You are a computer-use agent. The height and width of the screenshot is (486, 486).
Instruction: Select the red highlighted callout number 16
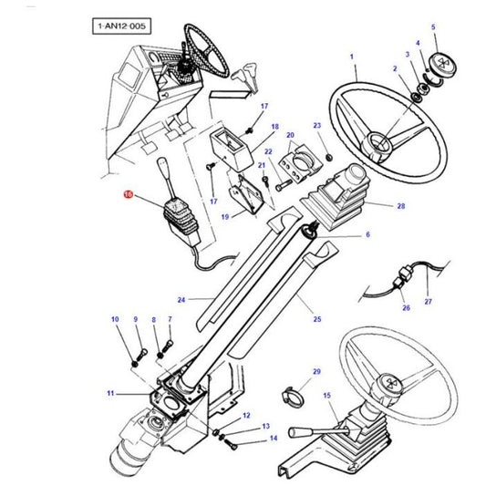click(x=129, y=195)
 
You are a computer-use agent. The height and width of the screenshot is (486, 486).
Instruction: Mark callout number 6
click(x=367, y=235)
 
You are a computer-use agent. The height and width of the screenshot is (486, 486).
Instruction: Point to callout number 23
click(x=316, y=125)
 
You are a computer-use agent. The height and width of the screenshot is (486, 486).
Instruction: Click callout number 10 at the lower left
click(x=115, y=319)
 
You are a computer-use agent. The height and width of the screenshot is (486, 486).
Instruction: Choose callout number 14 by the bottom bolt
click(x=272, y=439)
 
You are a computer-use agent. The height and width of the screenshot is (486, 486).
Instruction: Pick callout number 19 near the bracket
click(x=224, y=217)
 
